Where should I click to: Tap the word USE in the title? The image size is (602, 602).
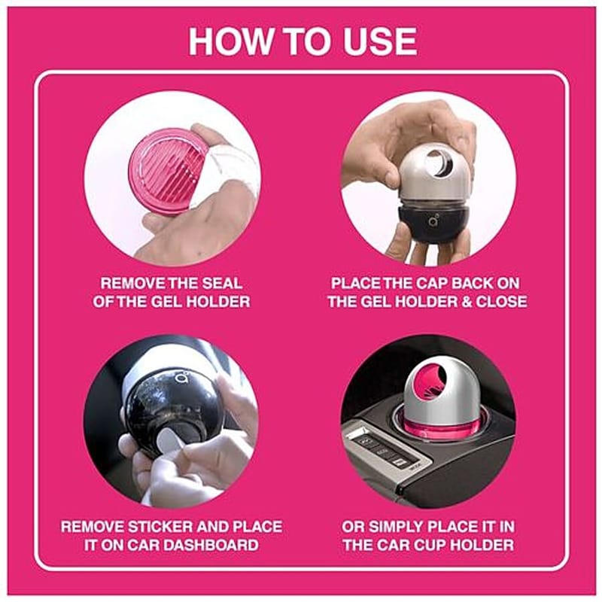point(380,41)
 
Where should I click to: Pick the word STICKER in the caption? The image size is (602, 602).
point(161,526)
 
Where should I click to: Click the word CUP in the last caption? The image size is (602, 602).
point(438,545)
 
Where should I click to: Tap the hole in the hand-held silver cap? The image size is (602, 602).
point(441,165)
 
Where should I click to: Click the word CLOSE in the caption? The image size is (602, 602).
point(501,302)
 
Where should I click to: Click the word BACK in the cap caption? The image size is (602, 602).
point(471,284)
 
